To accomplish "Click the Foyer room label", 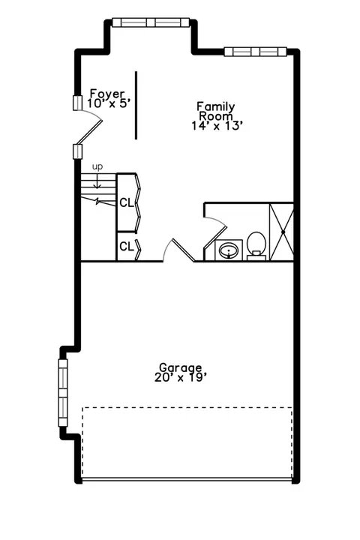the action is (x=106, y=93).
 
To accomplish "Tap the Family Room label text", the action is (x=216, y=111).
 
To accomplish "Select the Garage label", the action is (x=180, y=367).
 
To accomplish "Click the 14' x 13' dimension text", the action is (x=215, y=126).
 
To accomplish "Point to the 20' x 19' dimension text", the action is (x=181, y=378).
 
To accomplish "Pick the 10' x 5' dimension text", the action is (x=109, y=103).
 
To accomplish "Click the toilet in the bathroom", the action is (x=256, y=245).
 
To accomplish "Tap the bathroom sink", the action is (x=229, y=250).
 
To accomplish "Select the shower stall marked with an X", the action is (x=281, y=232).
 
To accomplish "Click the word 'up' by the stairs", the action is (x=97, y=167).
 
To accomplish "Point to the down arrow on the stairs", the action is (x=97, y=181).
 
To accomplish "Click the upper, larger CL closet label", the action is (x=127, y=202).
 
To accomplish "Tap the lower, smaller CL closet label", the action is (x=127, y=247).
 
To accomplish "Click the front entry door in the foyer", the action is (x=90, y=130).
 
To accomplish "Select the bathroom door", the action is (x=215, y=237).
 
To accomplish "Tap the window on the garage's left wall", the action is (x=63, y=393).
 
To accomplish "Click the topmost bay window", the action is (x=151, y=22).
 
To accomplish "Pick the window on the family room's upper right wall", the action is (x=255, y=52).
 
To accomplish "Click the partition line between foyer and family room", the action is (x=136, y=106).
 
